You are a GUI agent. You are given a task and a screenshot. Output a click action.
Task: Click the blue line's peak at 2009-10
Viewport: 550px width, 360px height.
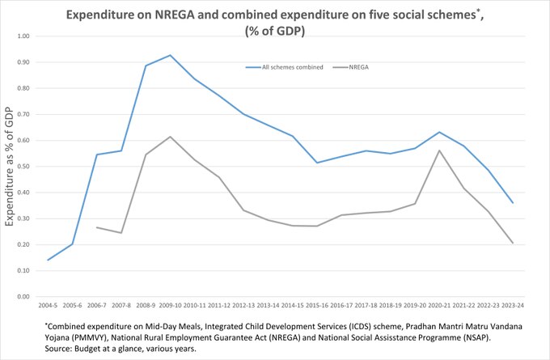point(170,55)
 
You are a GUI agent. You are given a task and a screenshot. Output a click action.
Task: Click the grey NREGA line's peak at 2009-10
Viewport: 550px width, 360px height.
point(170,137)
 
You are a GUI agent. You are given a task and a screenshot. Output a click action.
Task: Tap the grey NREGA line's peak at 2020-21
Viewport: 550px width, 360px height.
point(438,150)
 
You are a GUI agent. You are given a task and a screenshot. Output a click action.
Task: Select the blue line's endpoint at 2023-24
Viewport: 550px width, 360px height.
point(512,202)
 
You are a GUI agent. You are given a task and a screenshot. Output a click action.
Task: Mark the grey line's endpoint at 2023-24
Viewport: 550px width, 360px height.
point(512,243)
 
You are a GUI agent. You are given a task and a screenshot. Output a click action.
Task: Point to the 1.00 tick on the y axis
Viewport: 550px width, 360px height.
point(22,36)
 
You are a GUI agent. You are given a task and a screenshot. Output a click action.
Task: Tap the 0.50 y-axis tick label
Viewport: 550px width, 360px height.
point(22,167)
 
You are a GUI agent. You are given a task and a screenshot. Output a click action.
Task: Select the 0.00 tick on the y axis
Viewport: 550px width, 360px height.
point(22,296)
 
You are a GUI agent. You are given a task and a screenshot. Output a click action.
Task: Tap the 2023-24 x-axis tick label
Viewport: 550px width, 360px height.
point(512,307)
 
